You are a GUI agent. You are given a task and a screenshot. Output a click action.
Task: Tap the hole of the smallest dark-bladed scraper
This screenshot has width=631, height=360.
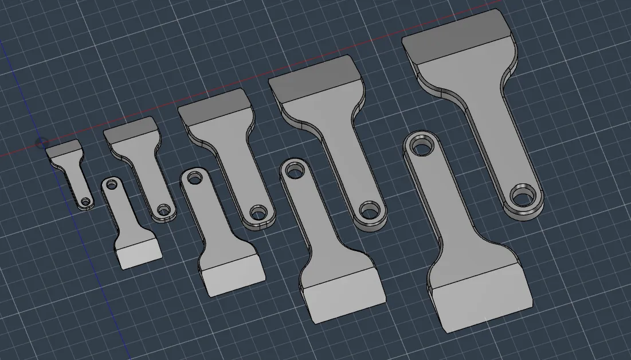tap(86, 202)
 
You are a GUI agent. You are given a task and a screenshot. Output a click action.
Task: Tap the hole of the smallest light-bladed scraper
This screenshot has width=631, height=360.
tap(111, 185)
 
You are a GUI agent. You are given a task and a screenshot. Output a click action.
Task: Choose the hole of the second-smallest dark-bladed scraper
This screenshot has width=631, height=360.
tap(164, 209)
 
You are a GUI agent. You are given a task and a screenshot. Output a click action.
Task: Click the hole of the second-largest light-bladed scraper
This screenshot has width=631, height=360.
tap(295, 170)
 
